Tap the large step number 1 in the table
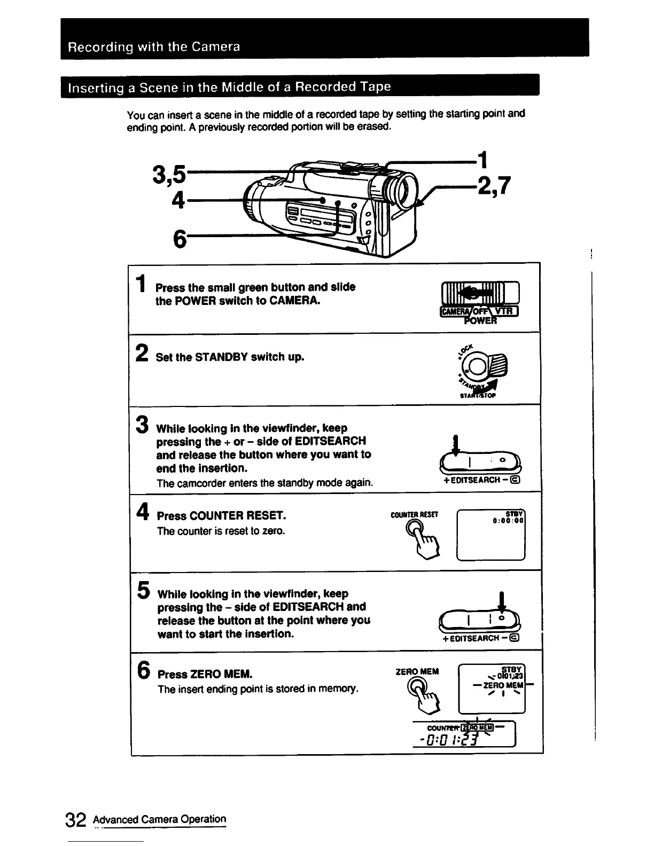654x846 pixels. (x=140, y=284)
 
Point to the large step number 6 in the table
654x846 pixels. (x=143, y=669)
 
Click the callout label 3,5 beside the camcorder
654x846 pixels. (x=169, y=175)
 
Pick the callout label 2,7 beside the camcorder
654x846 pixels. (x=494, y=186)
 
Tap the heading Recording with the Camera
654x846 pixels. (x=154, y=47)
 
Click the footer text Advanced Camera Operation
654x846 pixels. (x=159, y=819)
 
